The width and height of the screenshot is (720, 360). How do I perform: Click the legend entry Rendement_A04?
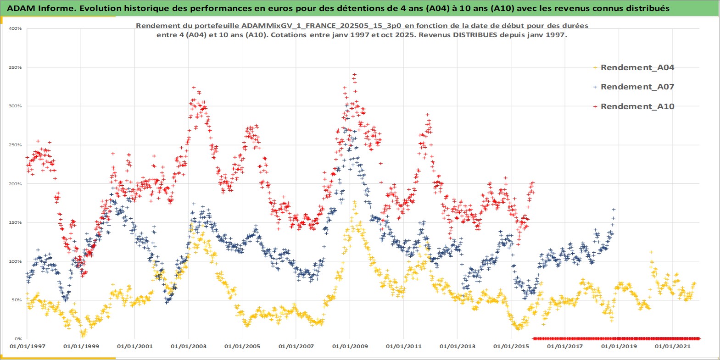pyautogui.click(x=637, y=67)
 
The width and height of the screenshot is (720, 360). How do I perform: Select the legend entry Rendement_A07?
pyautogui.click(x=637, y=87)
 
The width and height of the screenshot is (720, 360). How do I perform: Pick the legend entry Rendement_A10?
pyautogui.click(x=637, y=106)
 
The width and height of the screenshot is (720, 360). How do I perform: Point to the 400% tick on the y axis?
pyautogui.click(x=15, y=28)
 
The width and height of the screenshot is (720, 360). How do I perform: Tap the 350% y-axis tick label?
pyautogui.click(x=15, y=67)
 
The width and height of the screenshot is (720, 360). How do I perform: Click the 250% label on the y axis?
pyautogui.click(x=15, y=145)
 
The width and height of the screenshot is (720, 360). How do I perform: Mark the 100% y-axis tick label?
pyautogui.click(x=15, y=261)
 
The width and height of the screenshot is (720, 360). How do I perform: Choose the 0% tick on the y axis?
pyautogui.click(x=17, y=339)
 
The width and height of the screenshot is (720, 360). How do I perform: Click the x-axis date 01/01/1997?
pyautogui.click(x=27, y=346)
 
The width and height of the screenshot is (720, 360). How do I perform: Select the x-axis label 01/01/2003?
pyautogui.click(x=189, y=346)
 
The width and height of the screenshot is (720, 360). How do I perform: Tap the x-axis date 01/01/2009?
pyautogui.click(x=350, y=346)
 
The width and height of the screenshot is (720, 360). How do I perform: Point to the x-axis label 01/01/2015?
pyautogui.click(x=511, y=346)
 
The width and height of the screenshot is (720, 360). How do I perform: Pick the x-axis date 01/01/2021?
pyautogui.click(x=673, y=346)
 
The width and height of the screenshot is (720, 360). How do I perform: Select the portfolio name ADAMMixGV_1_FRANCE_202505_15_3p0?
pyautogui.click(x=322, y=26)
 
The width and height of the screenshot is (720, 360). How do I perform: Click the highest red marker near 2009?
pyautogui.click(x=354, y=74)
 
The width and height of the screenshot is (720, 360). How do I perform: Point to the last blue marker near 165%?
pyautogui.click(x=614, y=210)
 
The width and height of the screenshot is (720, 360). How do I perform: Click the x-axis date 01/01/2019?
pyautogui.click(x=619, y=346)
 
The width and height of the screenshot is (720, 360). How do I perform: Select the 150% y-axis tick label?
pyautogui.click(x=15, y=222)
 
